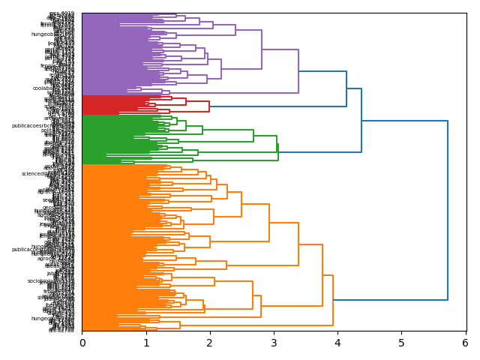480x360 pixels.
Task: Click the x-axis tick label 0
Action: pyautogui.click(x=82, y=343)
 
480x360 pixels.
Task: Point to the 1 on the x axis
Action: pyautogui.click(x=146, y=343)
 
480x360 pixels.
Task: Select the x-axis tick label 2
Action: pyautogui.click(x=210, y=343)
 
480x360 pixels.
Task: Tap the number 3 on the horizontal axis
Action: pyautogui.click(x=274, y=343)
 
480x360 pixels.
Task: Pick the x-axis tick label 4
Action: pyautogui.click(x=337, y=343)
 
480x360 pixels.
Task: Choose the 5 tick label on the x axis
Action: pyautogui.click(x=401, y=343)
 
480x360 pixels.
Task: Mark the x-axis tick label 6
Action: pyautogui.click(x=465, y=343)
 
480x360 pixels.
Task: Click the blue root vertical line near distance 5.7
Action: pyautogui.click(x=448, y=210)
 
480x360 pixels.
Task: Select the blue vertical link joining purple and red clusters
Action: pyautogui.click(x=346, y=88)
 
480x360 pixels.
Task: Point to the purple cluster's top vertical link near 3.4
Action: pyautogui.click(x=298, y=71)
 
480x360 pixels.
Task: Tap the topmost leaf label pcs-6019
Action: pyautogui.click(x=62, y=13)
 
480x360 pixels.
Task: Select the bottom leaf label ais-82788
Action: pyautogui.click(x=61, y=329)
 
